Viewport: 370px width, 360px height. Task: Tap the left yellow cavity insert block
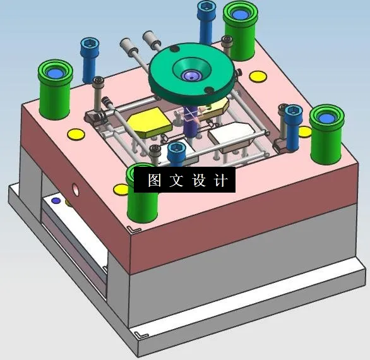click(149, 121)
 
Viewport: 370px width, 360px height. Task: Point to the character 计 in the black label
click(220, 181)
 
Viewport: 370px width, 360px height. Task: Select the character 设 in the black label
click(199, 181)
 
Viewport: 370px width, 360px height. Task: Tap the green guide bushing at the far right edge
click(326, 133)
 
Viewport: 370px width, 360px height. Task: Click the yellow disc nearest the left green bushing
click(75, 134)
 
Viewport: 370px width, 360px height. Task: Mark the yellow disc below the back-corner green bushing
click(258, 76)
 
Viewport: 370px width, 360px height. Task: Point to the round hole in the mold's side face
click(76, 189)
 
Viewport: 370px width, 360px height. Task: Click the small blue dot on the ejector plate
click(56, 201)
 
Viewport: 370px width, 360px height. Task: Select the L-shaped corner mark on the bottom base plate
click(140, 330)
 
